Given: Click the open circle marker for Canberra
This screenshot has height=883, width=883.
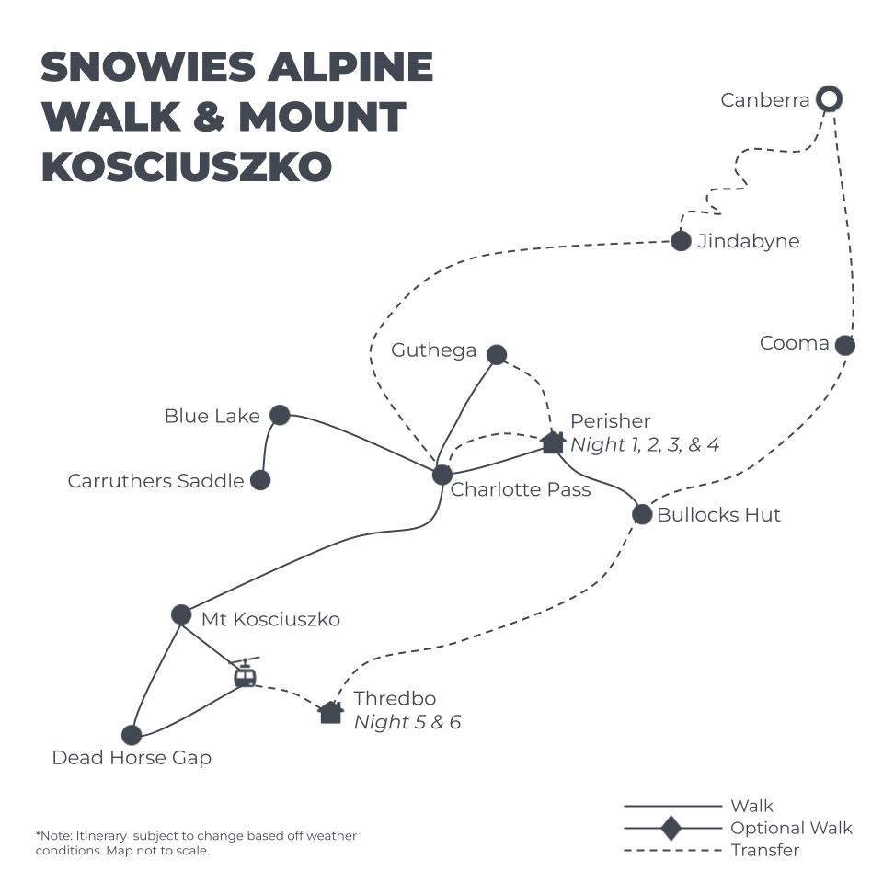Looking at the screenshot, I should (x=830, y=98).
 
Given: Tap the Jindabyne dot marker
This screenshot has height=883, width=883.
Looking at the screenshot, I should (x=681, y=241).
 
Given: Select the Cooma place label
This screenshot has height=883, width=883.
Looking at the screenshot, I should (x=794, y=344).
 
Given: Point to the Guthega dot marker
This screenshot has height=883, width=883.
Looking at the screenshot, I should (x=497, y=354).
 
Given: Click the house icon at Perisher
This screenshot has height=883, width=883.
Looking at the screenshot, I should (x=552, y=442).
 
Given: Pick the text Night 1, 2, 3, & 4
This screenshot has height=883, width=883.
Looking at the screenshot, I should (x=645, y=445).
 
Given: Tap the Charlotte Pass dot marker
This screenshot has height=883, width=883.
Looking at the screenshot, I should (x=442, y=475).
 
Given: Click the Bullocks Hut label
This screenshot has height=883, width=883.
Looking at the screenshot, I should (x=718, y=515).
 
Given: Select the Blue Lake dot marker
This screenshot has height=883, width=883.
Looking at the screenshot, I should (x=280, y=415).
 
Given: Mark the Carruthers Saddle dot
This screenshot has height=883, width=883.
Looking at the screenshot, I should (x=260, y=479).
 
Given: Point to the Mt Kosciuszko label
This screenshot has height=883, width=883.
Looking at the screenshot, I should (x=270, y=620).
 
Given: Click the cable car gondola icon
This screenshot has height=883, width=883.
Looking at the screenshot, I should (x=244, y=674).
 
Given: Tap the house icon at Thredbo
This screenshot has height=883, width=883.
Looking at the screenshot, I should (x=331, y=712).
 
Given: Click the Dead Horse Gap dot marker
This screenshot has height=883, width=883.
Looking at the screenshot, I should (x=132, y=735).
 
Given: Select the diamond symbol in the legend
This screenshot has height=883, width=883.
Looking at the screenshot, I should (x=671, y=828).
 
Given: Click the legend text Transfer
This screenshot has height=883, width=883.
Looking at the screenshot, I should (x=764, y=851).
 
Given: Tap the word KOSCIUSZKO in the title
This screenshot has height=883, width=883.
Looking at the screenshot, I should (x=187, y=166).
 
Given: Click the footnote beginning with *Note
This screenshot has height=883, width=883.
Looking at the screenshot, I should (x=196, y=843).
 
